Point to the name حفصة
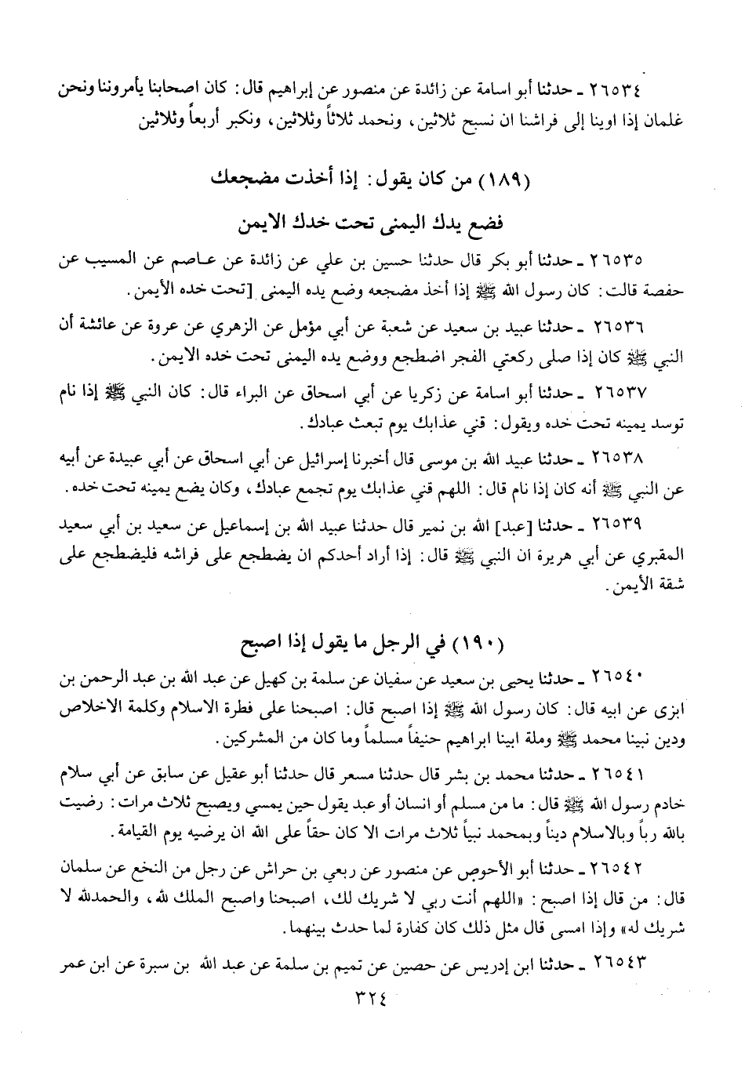point(666,291)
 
